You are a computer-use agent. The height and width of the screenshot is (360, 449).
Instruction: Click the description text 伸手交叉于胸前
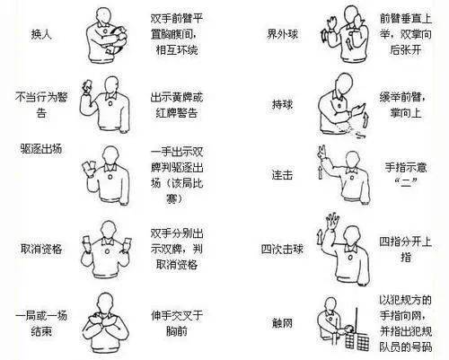click(173, 322)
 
